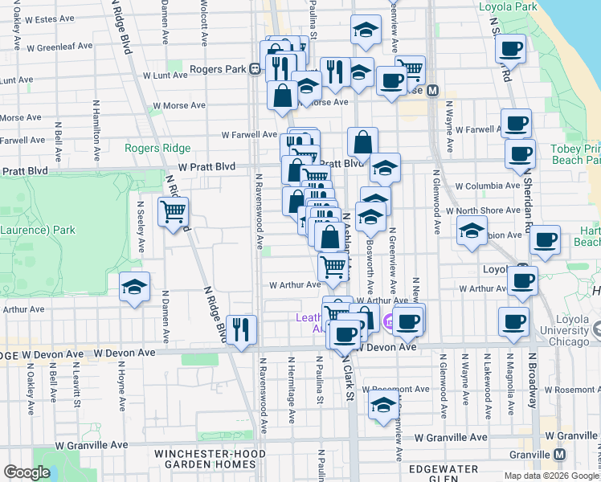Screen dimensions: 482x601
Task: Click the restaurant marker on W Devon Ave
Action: tap(241, 329)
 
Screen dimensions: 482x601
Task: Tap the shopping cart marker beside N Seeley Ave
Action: tap(174, 212)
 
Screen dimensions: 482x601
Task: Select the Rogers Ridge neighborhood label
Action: tap(157, 148)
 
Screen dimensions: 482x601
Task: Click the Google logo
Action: tap(26, 472)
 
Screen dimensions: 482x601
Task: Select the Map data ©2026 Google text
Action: tap(551, 476)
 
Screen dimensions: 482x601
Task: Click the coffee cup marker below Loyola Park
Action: tap(511, 49)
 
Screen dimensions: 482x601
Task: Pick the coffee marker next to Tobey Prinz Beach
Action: tap(520, 153)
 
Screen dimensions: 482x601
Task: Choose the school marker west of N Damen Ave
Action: tap(134, 287)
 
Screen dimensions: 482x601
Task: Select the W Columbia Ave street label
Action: tap(488, 186)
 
